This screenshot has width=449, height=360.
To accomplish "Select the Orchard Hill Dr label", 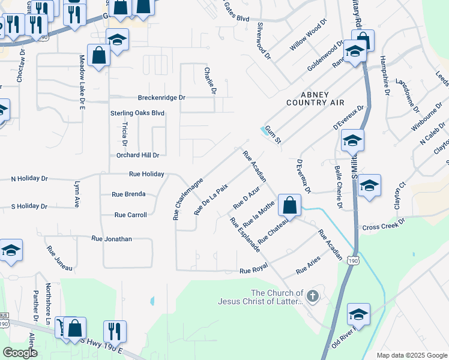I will click(x=137, y=155).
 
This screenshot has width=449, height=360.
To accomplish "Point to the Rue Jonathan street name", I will click(x=111, y=238).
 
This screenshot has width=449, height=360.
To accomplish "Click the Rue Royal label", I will click(x=253, y=271).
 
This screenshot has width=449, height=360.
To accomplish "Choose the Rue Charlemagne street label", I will click(x=188, y=198).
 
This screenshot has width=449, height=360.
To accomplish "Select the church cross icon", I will click(x=312, y=295).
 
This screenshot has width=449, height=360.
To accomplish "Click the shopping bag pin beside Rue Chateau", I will click(x=289, y=205).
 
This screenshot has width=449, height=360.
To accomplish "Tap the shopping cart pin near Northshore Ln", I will click(x=62, y=327).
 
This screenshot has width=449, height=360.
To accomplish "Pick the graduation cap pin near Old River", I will click(x=358, y=314).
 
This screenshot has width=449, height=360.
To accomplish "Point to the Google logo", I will click(x=20, y=353).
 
